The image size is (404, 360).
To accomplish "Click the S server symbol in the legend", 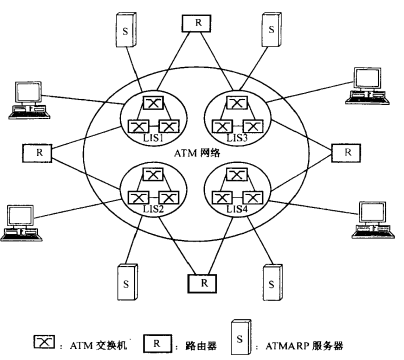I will [x=241, y=329].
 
